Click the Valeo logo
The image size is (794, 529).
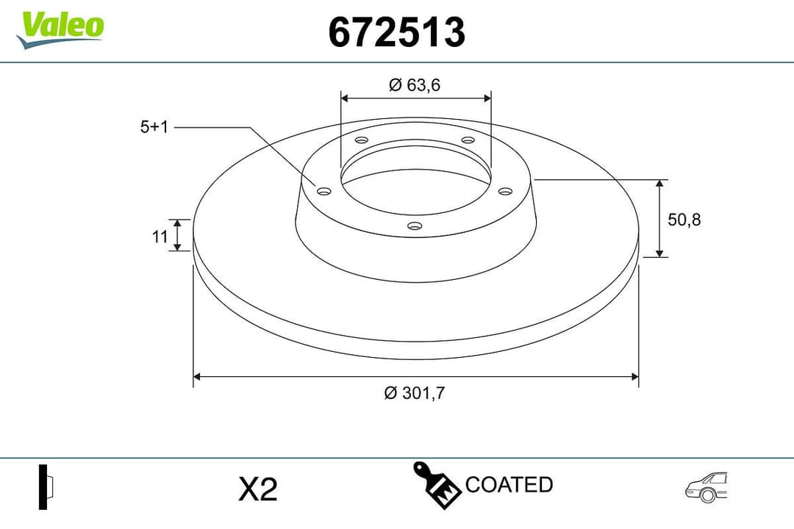click(x=60, y=28)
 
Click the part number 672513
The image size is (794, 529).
click(x=396, y=32)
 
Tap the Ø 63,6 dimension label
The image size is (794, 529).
click(x=415, y=85)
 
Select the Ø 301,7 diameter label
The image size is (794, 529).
click(x=415, y=393)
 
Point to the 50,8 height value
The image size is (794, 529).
click(x=684, y=219)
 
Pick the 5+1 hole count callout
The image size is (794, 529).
click(x=154, y=127)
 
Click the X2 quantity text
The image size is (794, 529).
click(x=258, y=489)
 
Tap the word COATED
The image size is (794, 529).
click(x=509, y=485)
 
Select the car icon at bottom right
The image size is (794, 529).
click(x=706, y=487)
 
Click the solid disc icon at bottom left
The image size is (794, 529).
click(x=46, y=487)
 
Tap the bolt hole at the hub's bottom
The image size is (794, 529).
click(x=415, y=226)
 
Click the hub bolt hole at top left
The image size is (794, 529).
click(x=360, y=140)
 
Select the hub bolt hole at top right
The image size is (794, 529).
click(x=467, y=140)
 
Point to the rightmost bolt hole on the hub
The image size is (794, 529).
click(x=504, y=191)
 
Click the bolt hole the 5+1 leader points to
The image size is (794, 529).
click(x=323, y=191)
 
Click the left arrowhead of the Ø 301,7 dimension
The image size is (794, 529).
click(x=196, y=377)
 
